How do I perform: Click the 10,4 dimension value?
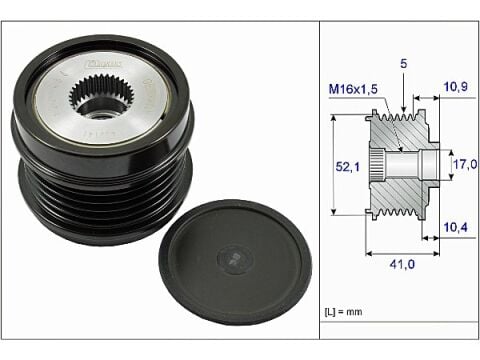(454, 228)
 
